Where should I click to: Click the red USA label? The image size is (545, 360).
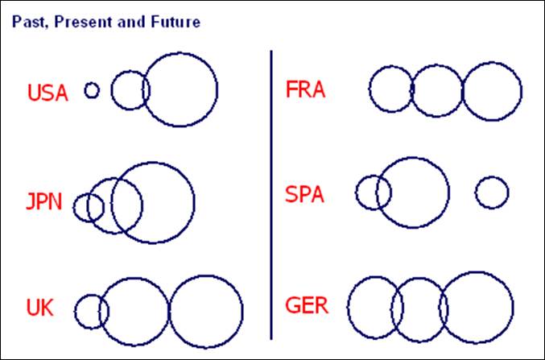pyautogui.click(x=47, y=93)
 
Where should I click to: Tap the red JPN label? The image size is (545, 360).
pyautogui.click(x=43, y=201)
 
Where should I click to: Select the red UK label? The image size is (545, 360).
pyautogui.click(x=39, y=308)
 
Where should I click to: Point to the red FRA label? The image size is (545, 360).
pyautogui.click(x=305, y=89)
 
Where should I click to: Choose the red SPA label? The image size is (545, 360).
pyautogui.click(x=305, y=194)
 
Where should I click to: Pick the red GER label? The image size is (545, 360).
pyautogui.click(x=306, y=307)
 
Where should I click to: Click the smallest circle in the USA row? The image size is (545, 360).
pyautogui.click(x=92, y=90)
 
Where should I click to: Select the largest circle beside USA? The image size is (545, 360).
pyautogui.click(x=180, y=89)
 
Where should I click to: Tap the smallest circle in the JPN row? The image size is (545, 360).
pyautogui.click(x=89, y=208)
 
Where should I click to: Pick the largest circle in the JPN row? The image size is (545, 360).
pyautogui.click(x=153, y=202)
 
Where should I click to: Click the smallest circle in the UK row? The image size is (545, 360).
pyautogui.click(x=92, y=311)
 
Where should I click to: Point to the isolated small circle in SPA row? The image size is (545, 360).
pyautogui.click(x=491, y=192)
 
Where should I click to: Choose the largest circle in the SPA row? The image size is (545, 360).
pyautogui.click(x=413, y=192)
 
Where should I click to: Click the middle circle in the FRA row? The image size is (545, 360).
pyautogui.click(x=437, y=90)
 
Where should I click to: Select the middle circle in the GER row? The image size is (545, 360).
pyautogui.click(x=419, y=309)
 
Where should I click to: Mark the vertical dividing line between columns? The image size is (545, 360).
pyautogui.click(x=271, y=193)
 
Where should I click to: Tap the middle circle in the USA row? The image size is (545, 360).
pyautogui.click(x=130, y=90)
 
